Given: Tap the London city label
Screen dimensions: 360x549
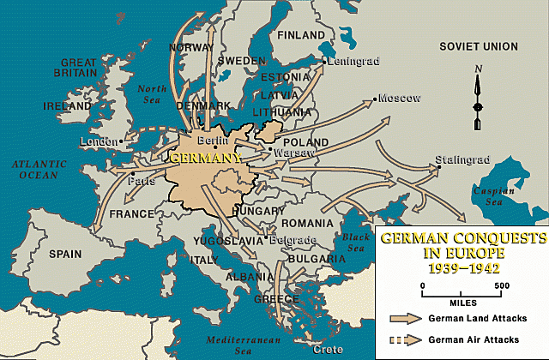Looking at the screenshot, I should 94,141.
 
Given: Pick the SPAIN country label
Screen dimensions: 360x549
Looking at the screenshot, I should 65,255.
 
